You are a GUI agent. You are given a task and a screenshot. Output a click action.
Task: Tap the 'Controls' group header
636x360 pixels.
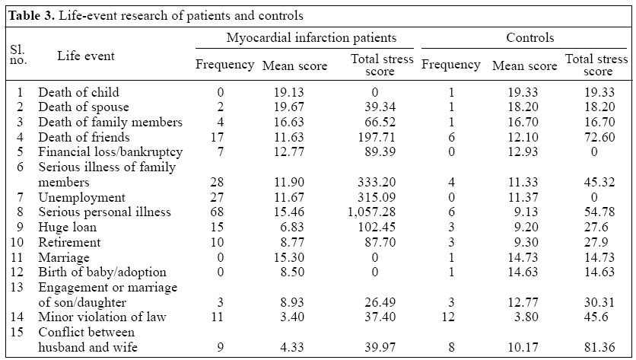[529, 37]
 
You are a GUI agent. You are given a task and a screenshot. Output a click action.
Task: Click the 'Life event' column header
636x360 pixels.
[86, 56]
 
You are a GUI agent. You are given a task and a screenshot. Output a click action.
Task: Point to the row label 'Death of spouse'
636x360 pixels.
[84, 107]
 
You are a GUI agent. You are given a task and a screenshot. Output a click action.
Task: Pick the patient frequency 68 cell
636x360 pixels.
[224, 212]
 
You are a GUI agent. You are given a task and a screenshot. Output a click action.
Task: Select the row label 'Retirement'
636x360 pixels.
[69, 243]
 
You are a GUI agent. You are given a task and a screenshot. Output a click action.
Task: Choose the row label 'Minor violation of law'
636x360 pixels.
[102, 317]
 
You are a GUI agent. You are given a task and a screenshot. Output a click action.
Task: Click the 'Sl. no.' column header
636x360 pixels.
[18, 56]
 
